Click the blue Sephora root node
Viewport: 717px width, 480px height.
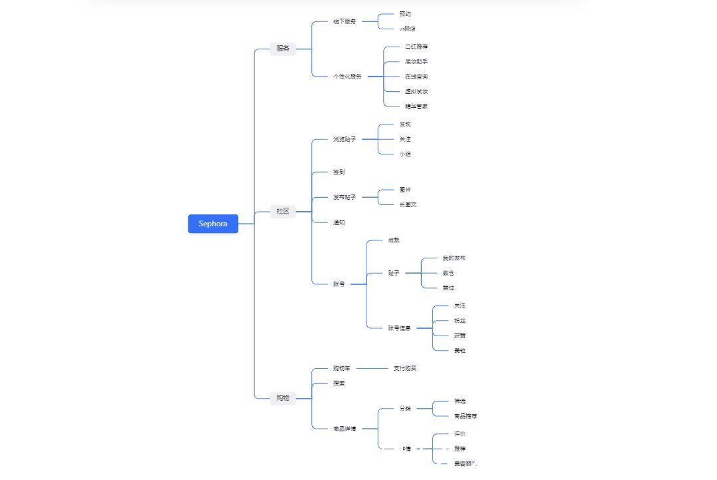pyautogui.click(x=213, y=224)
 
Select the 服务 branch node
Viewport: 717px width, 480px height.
pyautogui.click(x=283, y=49)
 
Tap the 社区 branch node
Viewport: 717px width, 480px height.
pyautogui.click(x=283, y=212)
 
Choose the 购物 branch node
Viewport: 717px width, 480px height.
pyautogui.click(x=283, y=398)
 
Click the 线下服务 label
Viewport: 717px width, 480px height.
pyautogui.click(x=345, y=21)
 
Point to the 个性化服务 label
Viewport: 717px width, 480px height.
pyautogui.click(x=347, y=77)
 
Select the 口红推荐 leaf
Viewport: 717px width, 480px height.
pyautogui.click(x=416, y=47)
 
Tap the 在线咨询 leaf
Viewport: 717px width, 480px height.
pyautogui.click(x=416, y=77)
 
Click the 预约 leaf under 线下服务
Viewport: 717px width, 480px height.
pyautogui.click(x=405, y=14)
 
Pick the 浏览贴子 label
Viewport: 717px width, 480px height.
pyautogui.click(x=345, y=139)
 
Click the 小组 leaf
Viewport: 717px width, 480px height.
pyautogui.click(x=405, y=154)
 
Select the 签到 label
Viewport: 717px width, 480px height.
pyautogui.click(x=339, y=172)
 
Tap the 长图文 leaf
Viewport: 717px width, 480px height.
pyautogui.click(x=408, y=204)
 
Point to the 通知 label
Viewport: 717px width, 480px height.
pyautogui.click(x=339, y=222)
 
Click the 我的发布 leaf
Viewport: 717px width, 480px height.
pyautogui.click(x=454, y=258)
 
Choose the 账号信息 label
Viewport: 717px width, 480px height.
pyautogui.click(x=400, y=328)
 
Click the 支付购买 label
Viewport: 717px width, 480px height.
pyautogui.click(x=405, y=368)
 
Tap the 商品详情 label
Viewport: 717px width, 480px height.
pyautogui.click(x=345, y=429)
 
